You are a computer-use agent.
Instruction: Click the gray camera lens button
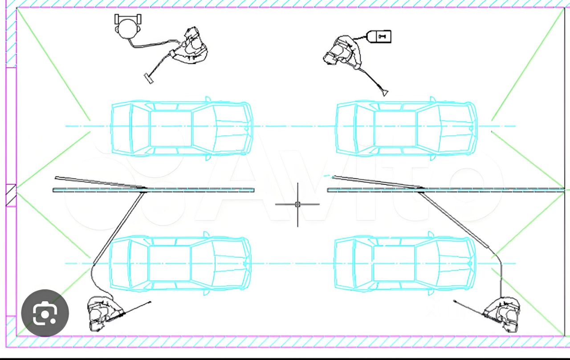(45, 313)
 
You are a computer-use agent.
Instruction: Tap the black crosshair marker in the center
(297, 204)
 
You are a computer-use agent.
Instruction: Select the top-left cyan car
(182, 128)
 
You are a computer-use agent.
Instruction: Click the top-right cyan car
(406, 128)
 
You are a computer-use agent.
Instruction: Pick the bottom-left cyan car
(180, 263)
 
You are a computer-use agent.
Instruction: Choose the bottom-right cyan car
(405, 263)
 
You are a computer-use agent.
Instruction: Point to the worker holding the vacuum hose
(190, 45)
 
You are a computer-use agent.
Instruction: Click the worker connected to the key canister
(342, 52)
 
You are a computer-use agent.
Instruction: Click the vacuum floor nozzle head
(149, 78)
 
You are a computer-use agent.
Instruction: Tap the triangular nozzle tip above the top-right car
(385, 93)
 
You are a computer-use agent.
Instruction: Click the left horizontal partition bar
(154, 190)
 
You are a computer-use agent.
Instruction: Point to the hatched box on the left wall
(11, 195)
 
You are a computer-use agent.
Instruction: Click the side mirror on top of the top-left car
(208, 99)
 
